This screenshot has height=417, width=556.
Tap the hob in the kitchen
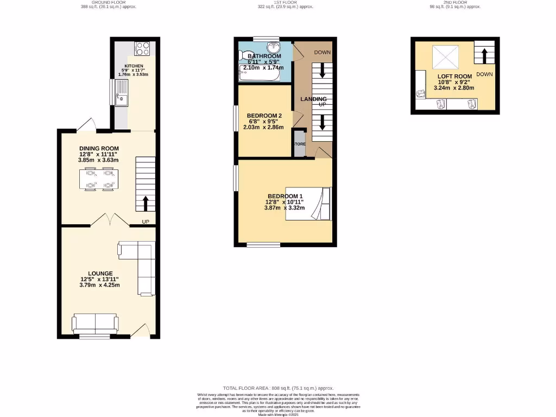tap(142, 49)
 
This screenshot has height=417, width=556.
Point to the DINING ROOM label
tap(99, 148)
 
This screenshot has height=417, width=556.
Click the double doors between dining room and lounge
tap(110, 220)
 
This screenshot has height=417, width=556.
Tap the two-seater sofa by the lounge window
tap(95, 324)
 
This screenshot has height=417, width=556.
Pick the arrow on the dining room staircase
tap(146, 204)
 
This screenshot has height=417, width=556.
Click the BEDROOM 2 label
tap(264, 116)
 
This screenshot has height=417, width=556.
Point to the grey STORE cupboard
tap(299, 144)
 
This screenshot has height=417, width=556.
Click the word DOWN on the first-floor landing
tap(322, 53)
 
